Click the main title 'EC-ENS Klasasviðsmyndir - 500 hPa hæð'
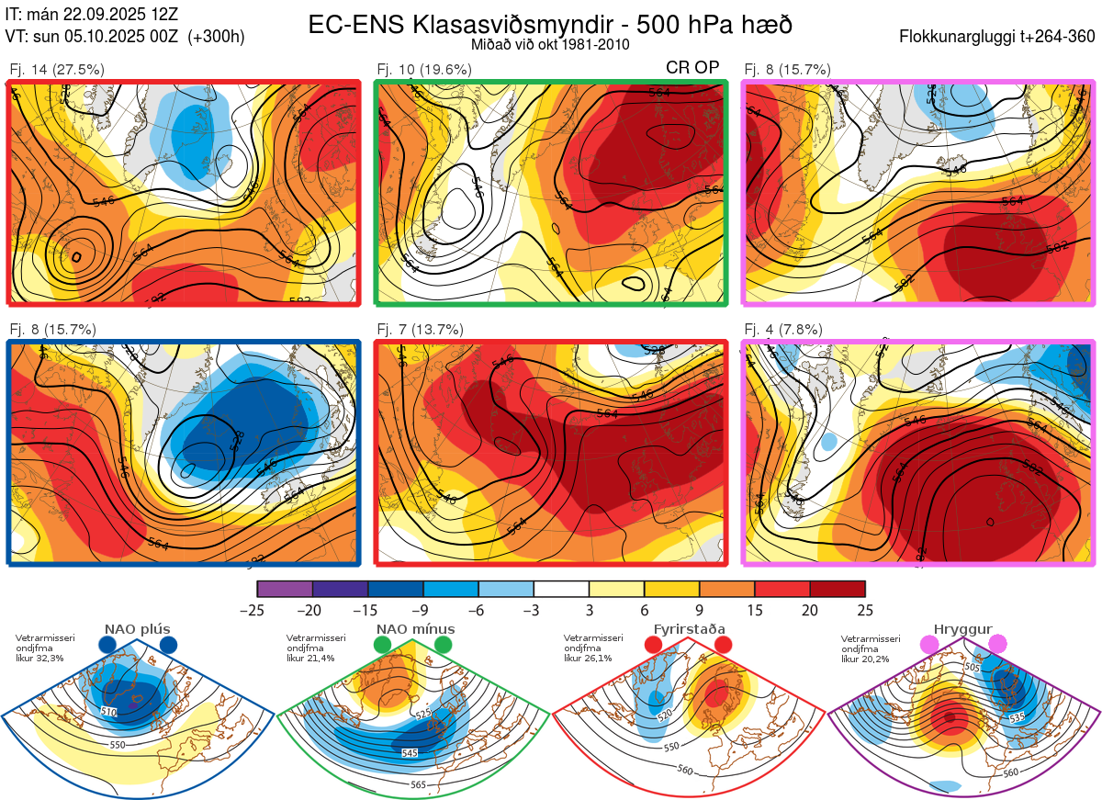[550, 25]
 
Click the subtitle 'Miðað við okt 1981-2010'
[550, 44]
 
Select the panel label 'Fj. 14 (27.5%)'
[57, 69]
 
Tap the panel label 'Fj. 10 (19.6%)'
[424, 69]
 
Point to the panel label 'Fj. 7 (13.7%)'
[421, 330]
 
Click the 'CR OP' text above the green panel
[692, 68]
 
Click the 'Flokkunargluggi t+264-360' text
[999, 37]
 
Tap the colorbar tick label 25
[865, 610]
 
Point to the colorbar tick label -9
[422, 610]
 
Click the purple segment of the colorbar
[285, 589]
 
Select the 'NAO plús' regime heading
[138, 629]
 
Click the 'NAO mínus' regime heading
[415, 629]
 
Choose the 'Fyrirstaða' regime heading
[689, 629]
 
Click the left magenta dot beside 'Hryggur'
[930, 645]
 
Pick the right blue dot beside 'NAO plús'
[168, 645]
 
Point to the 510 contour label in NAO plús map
[109, 712]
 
